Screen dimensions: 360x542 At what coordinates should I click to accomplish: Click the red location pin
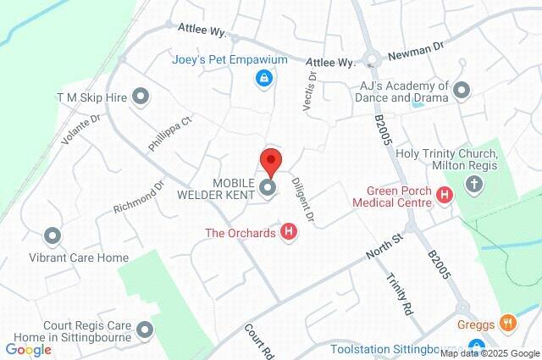270,160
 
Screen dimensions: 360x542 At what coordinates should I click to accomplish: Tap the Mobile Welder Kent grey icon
268,188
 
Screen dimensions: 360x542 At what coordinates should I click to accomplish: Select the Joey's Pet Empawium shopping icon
263,79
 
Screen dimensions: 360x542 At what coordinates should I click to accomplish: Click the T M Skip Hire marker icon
141,97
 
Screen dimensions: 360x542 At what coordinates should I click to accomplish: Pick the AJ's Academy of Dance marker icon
462,89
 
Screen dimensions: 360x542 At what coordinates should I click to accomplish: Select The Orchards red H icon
290,231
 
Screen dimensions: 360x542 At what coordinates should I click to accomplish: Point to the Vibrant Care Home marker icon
53,236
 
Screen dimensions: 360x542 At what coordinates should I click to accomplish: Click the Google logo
28,349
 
